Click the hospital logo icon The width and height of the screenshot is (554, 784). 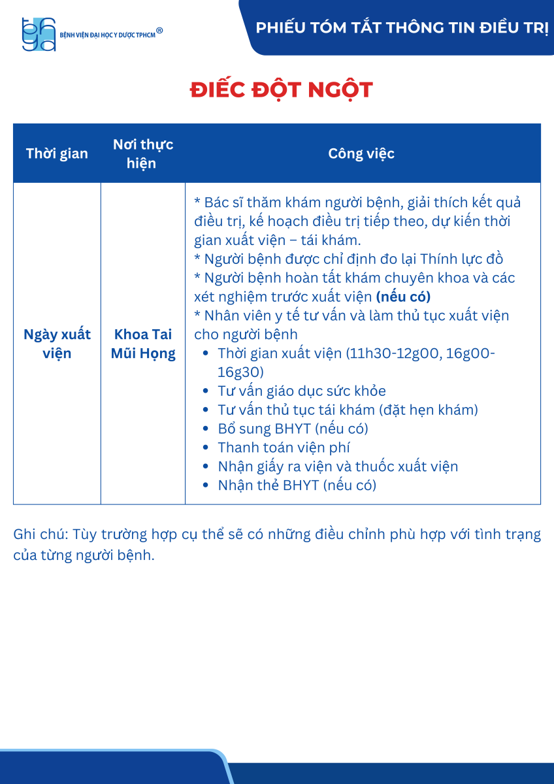pyautogui.click(x=39, y=34)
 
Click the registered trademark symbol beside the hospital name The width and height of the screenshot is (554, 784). pyautogui.click(x=159, y=30)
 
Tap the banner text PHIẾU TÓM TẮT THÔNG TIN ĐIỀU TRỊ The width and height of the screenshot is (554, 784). pyautogui.click(x=402, y=28)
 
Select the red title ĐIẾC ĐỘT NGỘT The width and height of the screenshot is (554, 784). pyautogui.click(x=282, y=90)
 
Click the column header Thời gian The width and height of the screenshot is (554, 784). pyautogui.click(x=57, y=154)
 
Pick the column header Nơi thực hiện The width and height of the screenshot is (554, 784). pyautogui.click(x=142, y=154)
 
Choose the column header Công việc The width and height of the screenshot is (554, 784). pyautogui.click(x=361, y=154)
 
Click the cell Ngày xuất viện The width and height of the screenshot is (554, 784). pyautogui.click(x=57, y=344)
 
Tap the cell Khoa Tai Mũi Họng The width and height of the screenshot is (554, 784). pyautogui.click(x=143, y=344)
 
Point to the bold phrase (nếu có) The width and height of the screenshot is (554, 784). pyautogui.click(x=403, y=297)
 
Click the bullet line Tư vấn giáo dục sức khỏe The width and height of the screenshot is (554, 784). pyautogui.click(x=302, y=391)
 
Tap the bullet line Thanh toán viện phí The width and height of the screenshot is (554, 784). pyautogui.click(x=284, y=448)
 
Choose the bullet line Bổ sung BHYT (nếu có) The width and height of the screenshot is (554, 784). pyautogui.click(x=293, y=429)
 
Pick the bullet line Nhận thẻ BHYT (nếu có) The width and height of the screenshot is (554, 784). pyautogui.click(x=297, y=485)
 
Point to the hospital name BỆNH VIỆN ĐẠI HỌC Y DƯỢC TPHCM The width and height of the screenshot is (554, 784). pyautogui.click(x=107, y=35)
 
